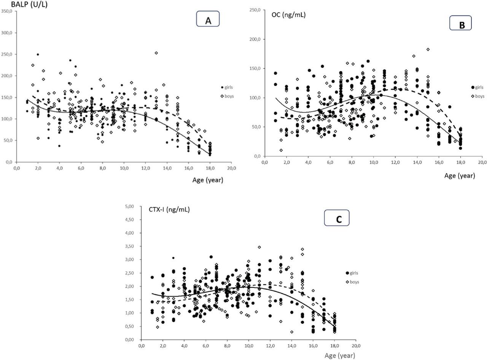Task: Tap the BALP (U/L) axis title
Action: pyautogui.click(x=24, y=5)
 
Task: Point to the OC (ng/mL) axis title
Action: pyautogui.click(x=289, y=15)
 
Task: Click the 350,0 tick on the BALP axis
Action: pyautogui.click(x=7, y=11)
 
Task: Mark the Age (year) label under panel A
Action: pyautogui.click(x=207, y=180)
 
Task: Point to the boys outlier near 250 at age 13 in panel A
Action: pyautogui.click(x=156, y=53)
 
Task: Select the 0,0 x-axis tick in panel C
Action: pyautogui.click(x=141, y=346)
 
